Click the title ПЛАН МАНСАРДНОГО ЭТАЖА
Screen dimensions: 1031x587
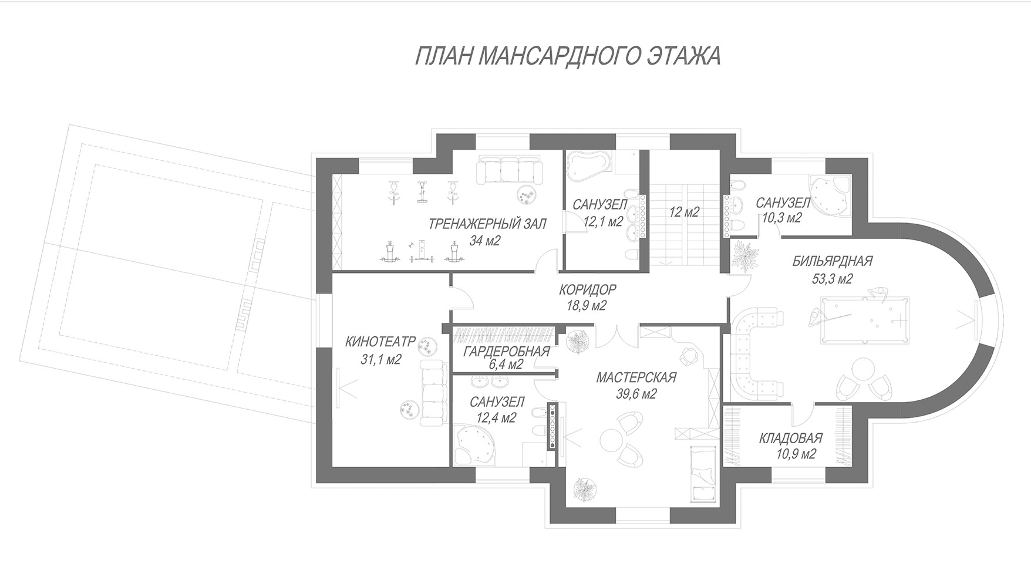coord(567,56)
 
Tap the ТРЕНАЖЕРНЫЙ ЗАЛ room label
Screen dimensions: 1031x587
coord(487,224)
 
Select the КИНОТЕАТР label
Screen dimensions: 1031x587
coord(380,342)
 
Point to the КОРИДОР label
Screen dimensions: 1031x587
coord(587,289)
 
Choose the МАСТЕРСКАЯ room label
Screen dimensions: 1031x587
coord(636,377)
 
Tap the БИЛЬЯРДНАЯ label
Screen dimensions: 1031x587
coord(833,261)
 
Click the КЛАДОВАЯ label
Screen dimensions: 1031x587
coord(790,438)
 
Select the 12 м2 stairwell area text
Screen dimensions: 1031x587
coord(684,212)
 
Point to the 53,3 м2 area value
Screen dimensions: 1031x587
coord(832,279)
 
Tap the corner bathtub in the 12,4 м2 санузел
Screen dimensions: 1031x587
coord(474,446)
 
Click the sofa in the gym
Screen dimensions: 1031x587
coord(508,170)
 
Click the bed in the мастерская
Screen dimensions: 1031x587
coord(703,474)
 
